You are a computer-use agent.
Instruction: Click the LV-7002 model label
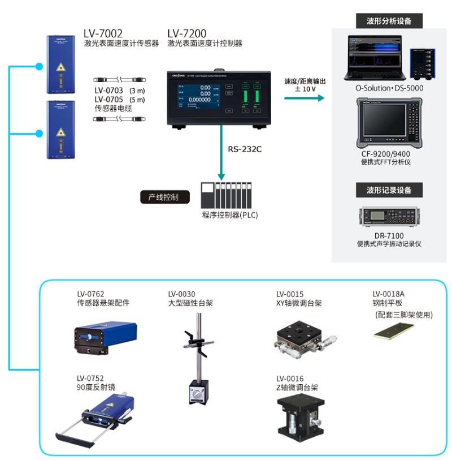[x=103, y=33]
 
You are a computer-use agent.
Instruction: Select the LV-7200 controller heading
[x=187, y=33]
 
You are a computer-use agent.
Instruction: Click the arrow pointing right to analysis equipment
[x=305, y=98]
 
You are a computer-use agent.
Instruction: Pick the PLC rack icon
[x=225, y=196]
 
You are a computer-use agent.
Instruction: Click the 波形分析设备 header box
[x=389, y=22]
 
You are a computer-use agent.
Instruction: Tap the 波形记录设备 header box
[x=389, y=190]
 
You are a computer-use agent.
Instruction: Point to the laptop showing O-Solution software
[x=375, y=59]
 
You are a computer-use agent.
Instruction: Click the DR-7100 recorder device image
[x=389, y=217]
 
